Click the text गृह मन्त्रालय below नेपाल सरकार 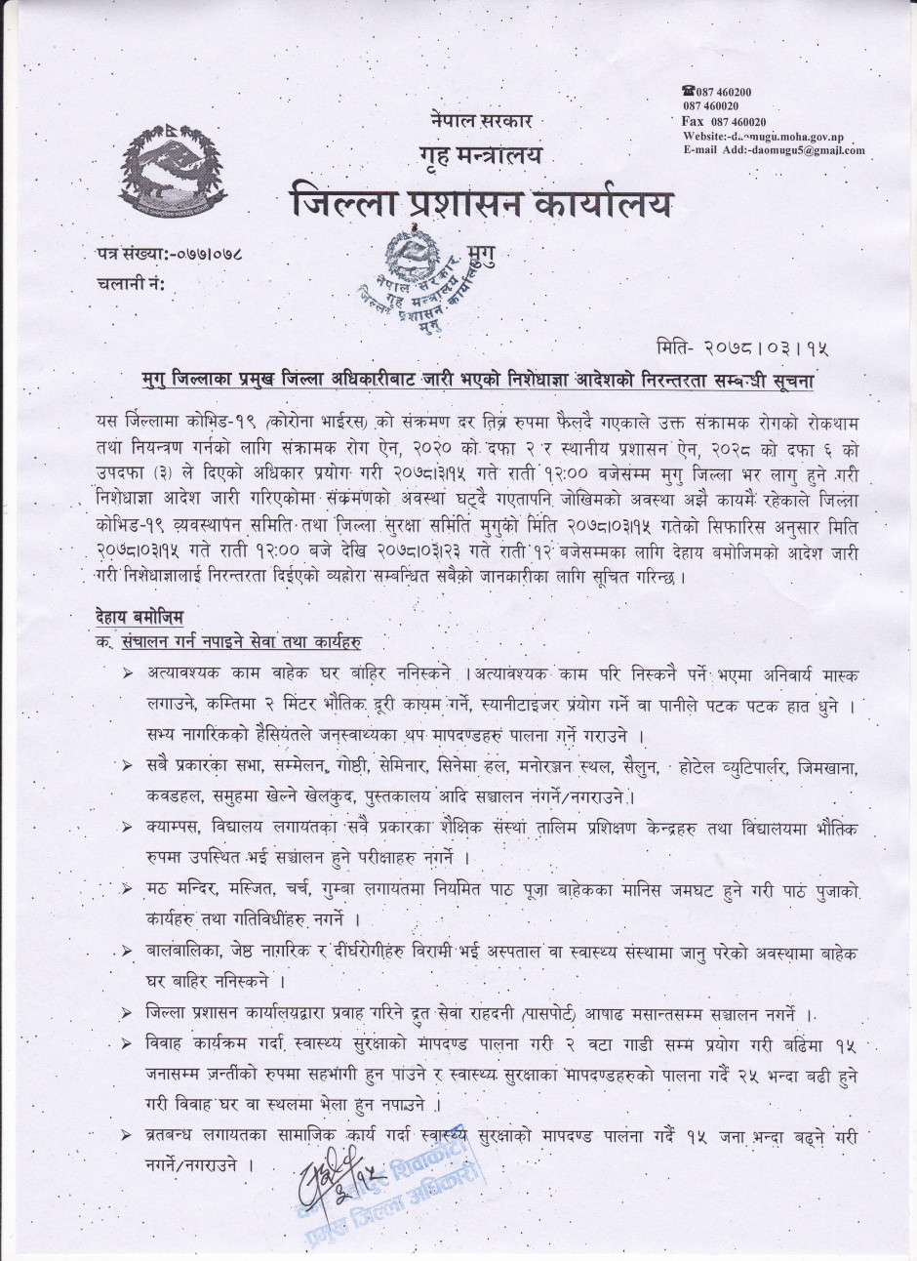[x=481, y=154]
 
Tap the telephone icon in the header [x=688, y=91]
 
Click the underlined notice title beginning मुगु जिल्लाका [x=480, y=379]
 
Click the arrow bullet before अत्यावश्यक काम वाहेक [x=128, y=673]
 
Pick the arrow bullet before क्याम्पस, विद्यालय [x=128, y=828]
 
